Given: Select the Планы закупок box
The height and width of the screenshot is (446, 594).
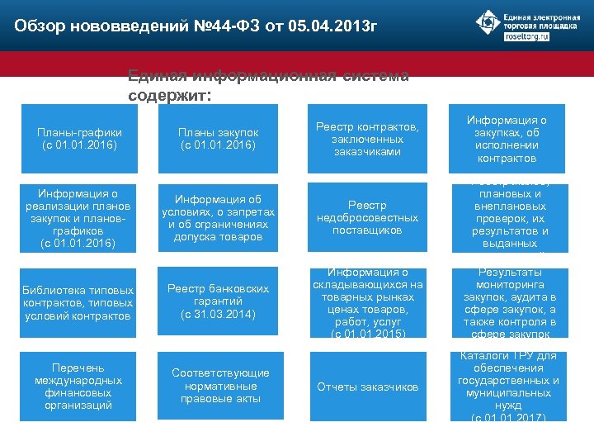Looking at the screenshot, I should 219,139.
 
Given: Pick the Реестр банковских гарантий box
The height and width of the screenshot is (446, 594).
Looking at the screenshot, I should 219,301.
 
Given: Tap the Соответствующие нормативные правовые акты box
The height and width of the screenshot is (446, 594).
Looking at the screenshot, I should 219,386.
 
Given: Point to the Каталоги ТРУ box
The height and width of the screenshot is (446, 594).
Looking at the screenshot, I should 508,386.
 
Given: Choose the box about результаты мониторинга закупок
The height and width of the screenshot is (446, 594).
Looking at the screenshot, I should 508,301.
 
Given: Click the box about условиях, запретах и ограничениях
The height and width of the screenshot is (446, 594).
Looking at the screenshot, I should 219,218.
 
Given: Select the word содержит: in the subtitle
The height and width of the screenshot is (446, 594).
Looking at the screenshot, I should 170,95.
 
